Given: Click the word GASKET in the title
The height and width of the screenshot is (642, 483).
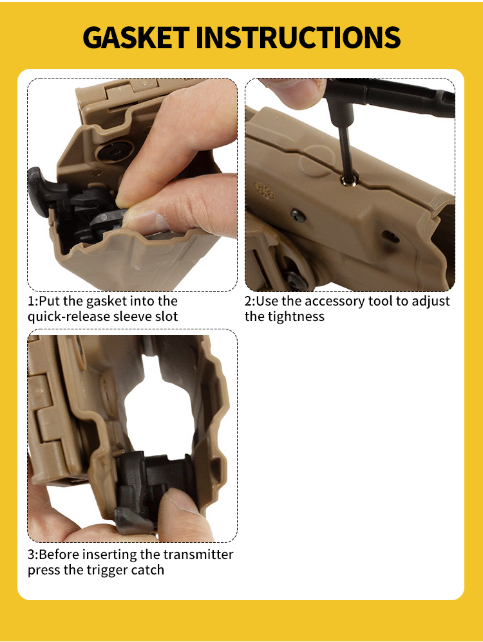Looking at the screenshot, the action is [x=136, y=37].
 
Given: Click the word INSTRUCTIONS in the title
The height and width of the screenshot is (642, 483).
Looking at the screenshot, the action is [x=298, y=37].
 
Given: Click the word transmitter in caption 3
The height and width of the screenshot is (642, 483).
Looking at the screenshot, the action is [x=198, y=555].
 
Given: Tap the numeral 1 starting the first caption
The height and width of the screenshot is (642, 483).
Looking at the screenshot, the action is [x=30, y=301].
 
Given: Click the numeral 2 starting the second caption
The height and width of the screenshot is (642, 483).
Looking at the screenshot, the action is [x=249, y=301].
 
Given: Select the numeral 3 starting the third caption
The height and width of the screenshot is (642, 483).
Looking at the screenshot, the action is [x=31, y=555].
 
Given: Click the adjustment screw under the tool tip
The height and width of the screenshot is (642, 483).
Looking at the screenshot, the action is [x=348, y=180].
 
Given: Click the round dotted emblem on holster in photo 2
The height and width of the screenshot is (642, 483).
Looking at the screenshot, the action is [x=264, y=190].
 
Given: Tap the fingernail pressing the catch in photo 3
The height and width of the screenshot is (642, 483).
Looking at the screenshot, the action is [x=182, y=504].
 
